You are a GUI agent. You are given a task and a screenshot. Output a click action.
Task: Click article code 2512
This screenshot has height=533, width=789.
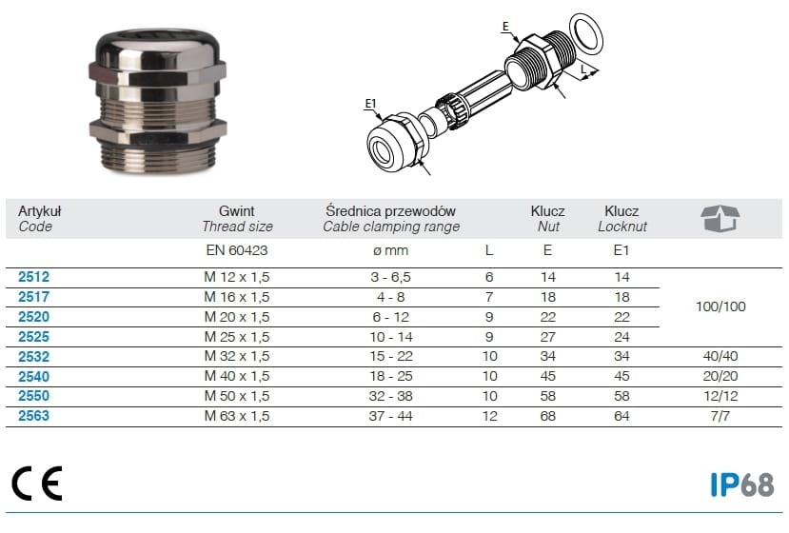(x=33, y=277)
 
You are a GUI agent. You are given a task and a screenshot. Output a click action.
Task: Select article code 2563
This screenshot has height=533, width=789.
(x=33, y=416)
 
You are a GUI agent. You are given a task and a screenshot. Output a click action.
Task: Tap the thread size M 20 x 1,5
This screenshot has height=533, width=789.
(x=236, y=317)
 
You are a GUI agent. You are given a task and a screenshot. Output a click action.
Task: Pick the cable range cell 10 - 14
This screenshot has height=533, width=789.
(x=391, y=337)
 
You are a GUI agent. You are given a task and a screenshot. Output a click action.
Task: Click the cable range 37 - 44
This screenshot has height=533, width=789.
(x=390, y=416)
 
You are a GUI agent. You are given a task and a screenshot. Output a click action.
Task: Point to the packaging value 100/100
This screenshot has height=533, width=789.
(x=720, y=306)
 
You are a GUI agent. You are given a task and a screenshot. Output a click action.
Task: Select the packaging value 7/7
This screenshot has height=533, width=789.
(x=720, y=416)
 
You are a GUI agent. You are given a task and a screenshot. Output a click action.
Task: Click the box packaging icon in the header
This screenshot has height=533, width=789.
(x=720, y=218)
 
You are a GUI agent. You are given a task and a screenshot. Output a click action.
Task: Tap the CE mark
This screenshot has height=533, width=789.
(x=37, y=484)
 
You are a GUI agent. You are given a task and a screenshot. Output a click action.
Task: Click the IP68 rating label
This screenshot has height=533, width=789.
(x=741, y=484)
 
